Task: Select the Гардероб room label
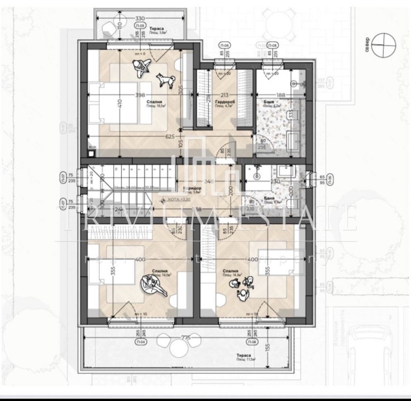[x=225, y=102]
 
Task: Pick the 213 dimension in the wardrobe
[x=224, y=95]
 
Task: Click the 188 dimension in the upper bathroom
[x=281, y=95]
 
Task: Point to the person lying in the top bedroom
[x=141, y=67]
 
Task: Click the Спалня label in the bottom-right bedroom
[x=231, y=271]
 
